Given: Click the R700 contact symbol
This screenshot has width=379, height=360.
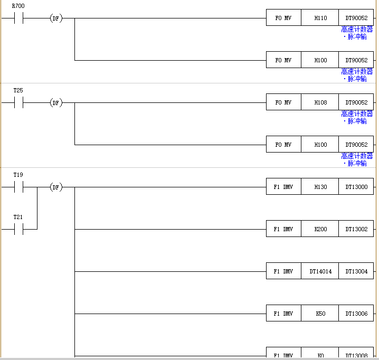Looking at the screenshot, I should pyautogui.click(x=18, y=18).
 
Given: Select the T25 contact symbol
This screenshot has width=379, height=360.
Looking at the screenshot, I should pyautogui.click(x=18, y=102).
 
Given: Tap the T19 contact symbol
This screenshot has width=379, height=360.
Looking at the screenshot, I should pyautogui.click(x=18, y=187).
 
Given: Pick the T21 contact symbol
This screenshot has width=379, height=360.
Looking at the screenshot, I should pyautogui.click(x=18, y=229).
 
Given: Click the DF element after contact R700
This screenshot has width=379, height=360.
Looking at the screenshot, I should pyautogui.click(x=55, y=18).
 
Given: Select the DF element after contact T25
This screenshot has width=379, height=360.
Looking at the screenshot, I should pyautogui.click(x=55, y=102).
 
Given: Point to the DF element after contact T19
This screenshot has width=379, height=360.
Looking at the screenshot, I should pyautogui.click(x=55, y=187).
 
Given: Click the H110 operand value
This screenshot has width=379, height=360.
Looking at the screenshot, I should pyautogui.click(x=320, y=18).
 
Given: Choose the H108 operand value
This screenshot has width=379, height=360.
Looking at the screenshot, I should pyautogui.click(x=320, y=102).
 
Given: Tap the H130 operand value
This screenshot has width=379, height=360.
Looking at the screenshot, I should pyautogui.click(x=320, y=187).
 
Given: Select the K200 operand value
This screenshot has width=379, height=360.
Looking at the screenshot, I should pyautogui.click(x=320, y=229).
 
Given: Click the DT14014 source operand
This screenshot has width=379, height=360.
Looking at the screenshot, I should pyautogui.click(x=320, y=271).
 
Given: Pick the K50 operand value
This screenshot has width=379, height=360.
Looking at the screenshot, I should pyautogui.click(x=320, y=314).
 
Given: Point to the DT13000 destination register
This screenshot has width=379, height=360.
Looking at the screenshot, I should pyautogui.click(x=356, y=187).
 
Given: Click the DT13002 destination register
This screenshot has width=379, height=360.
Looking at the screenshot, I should pyautogui.click(x=356, y=229).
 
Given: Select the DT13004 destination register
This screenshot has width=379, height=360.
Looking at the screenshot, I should pyautogui.click(x=356, y=271).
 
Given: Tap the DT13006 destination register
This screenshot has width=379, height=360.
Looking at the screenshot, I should pyautogui.click(x=356, y=314).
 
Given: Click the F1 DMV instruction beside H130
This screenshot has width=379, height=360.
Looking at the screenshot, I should pyautogui.click(x=283, y=187).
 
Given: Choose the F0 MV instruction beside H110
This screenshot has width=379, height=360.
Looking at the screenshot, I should pyautogui.click(x=283, y=18).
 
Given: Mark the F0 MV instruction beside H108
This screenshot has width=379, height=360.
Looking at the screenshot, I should pyautogui.click(x=283, y=102).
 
